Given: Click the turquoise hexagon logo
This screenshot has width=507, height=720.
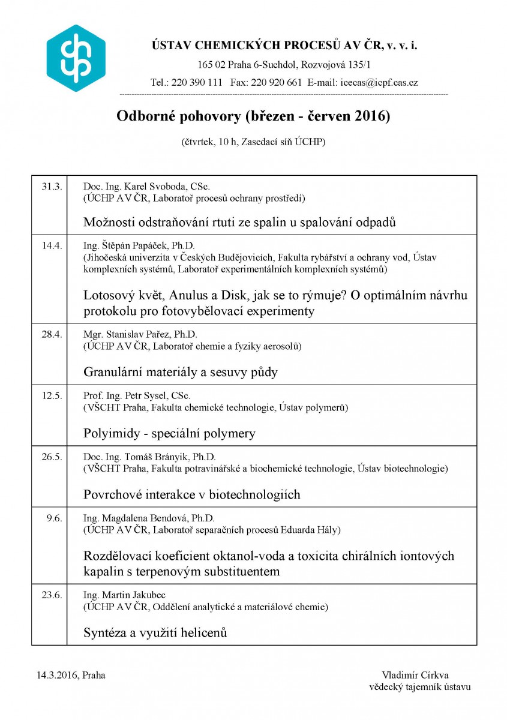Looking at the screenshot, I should click(x=76, y=58).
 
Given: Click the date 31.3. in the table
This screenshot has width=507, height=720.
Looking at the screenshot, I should click(x=52, y=186).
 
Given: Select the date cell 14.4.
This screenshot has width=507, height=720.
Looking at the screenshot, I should click(x=52, y=245).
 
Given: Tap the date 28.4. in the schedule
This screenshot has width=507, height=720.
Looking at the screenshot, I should click(x=52, y=334).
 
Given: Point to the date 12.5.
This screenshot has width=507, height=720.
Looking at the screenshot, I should click(x=52, y=395).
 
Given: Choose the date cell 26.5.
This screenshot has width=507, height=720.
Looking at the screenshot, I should click(x=52, y=457).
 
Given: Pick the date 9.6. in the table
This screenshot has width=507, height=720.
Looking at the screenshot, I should click(x=54, y=518).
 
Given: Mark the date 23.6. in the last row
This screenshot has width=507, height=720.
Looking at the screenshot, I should click(x=52, y=595).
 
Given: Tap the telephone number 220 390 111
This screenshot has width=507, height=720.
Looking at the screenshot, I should click(x=196, y=83).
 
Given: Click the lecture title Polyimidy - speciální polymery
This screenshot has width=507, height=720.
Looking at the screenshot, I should click(x=170, y=433).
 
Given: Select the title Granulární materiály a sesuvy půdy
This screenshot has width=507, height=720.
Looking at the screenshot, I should click(x=181, y=372).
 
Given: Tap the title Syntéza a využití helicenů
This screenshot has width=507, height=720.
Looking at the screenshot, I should click(x=155, y=632).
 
